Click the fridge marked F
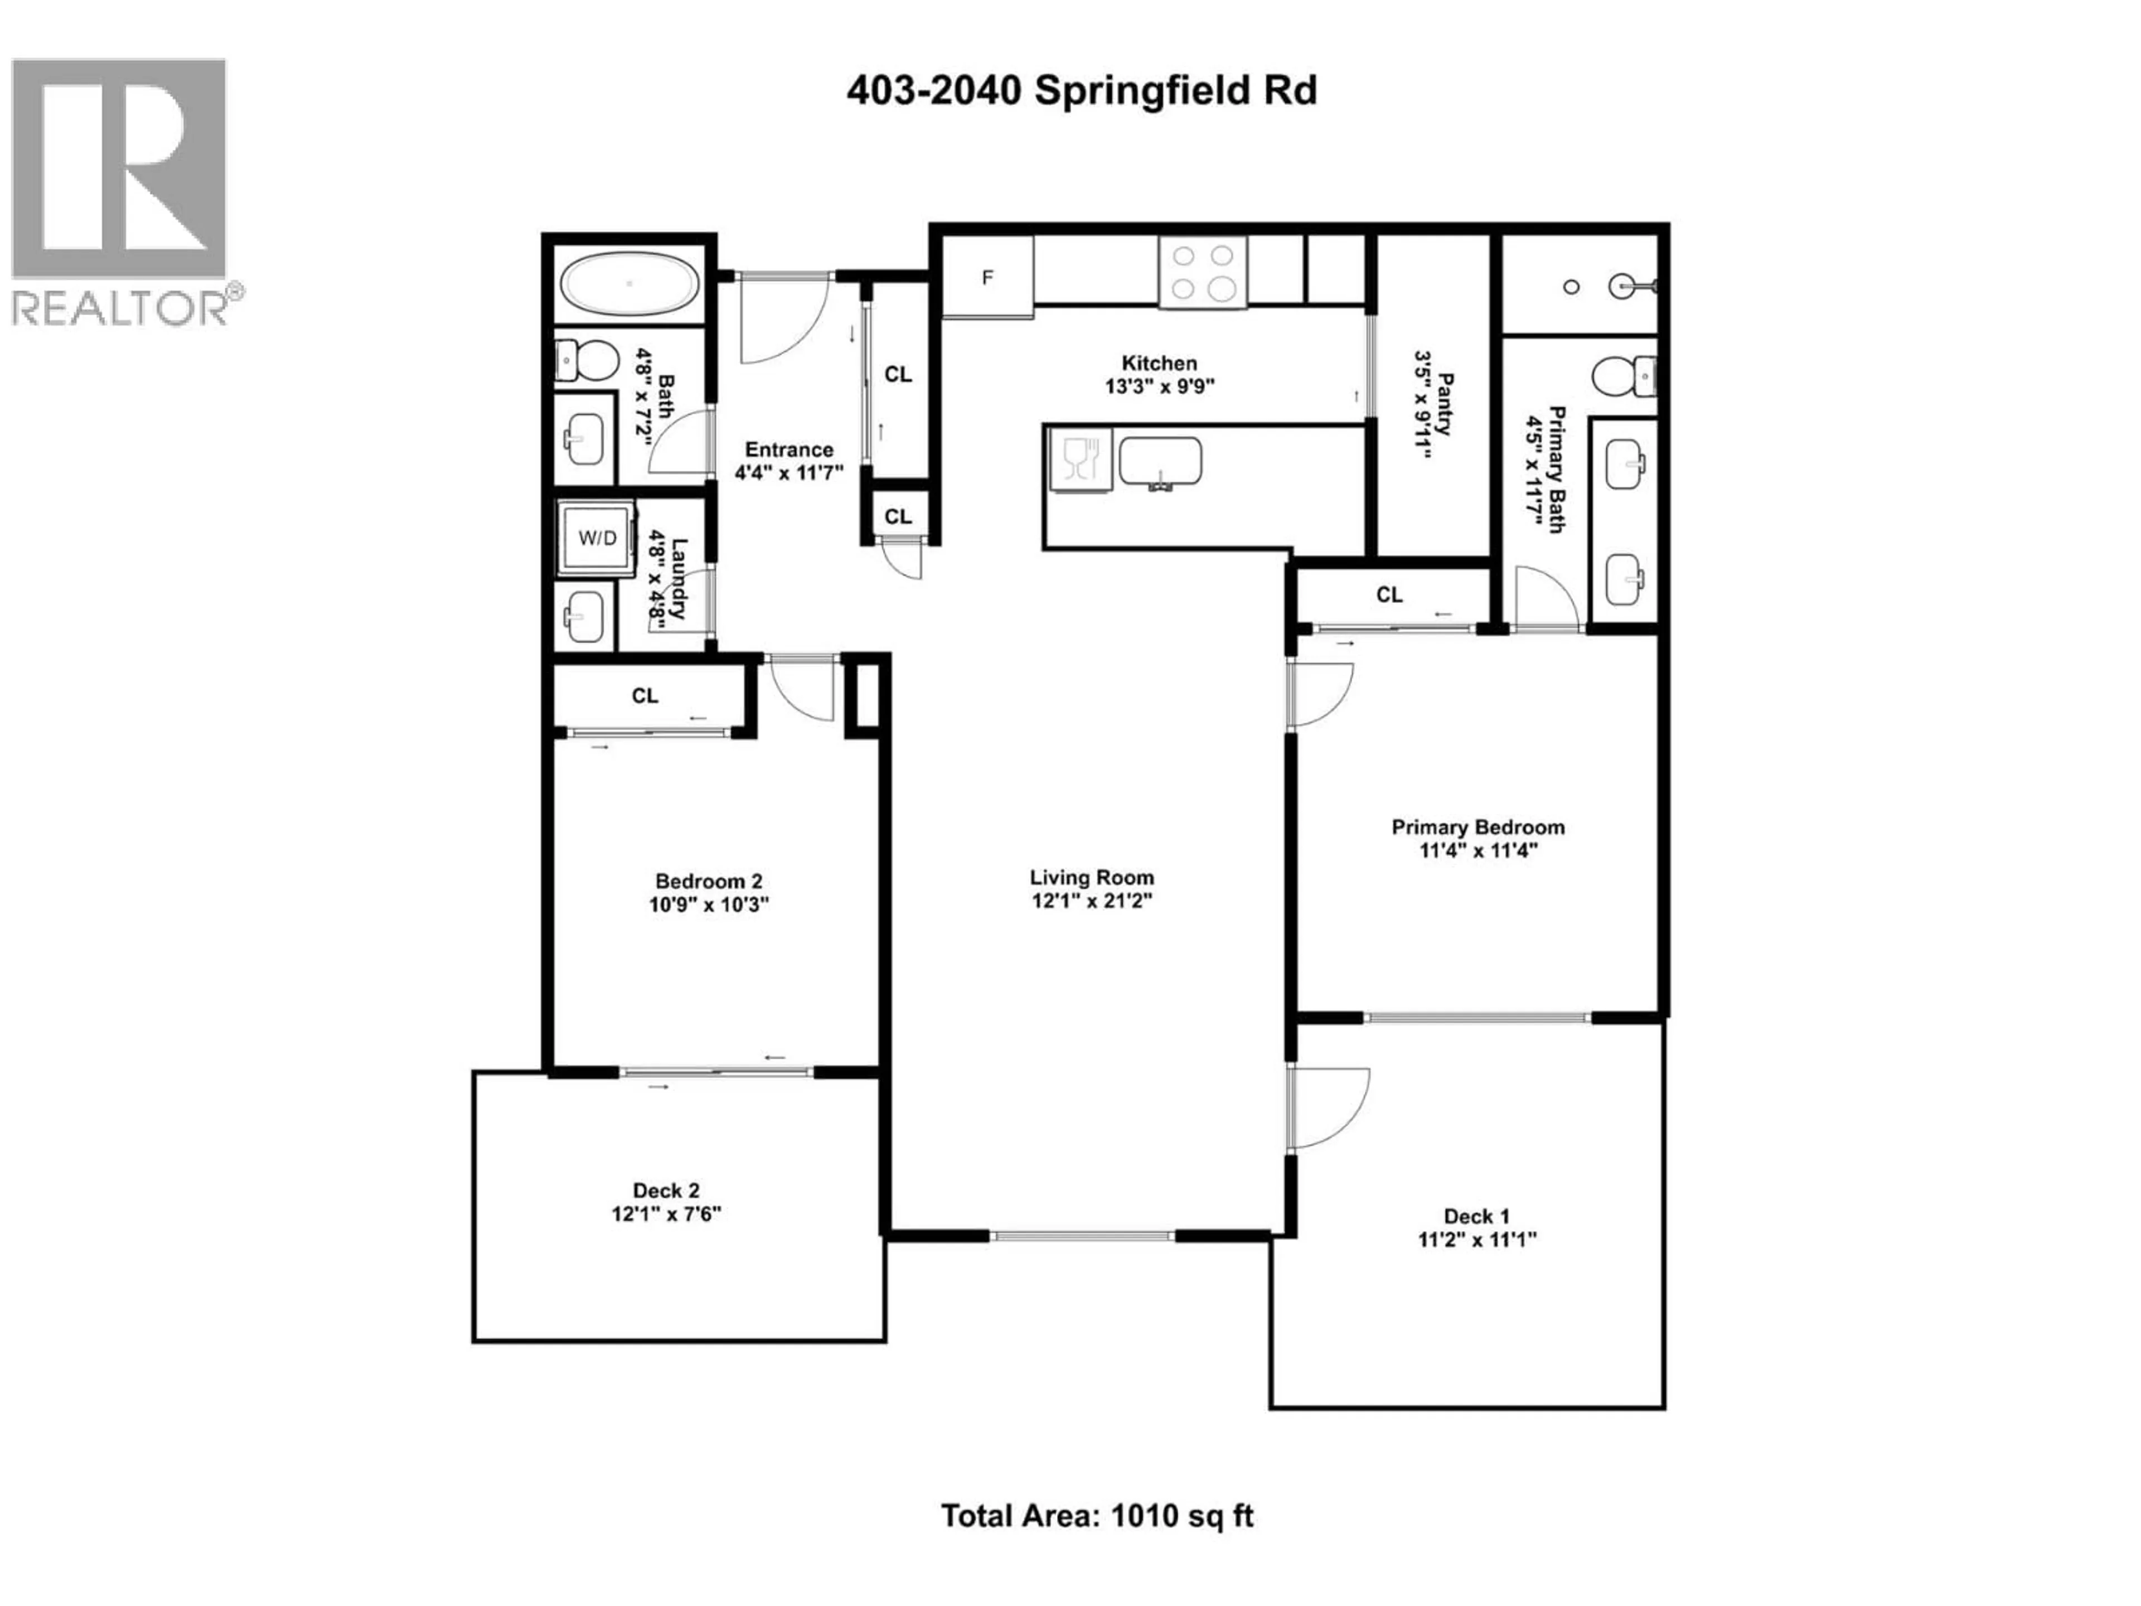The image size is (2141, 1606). tap(987, 278)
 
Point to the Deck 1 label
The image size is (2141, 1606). tap(1476, 1216)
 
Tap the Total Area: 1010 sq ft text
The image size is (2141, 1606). tap(1097, 1515)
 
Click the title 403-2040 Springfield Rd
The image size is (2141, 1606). tap(1081, 91)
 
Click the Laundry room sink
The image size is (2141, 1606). tap(585, 616)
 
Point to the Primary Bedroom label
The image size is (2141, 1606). tap(1477, 827)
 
